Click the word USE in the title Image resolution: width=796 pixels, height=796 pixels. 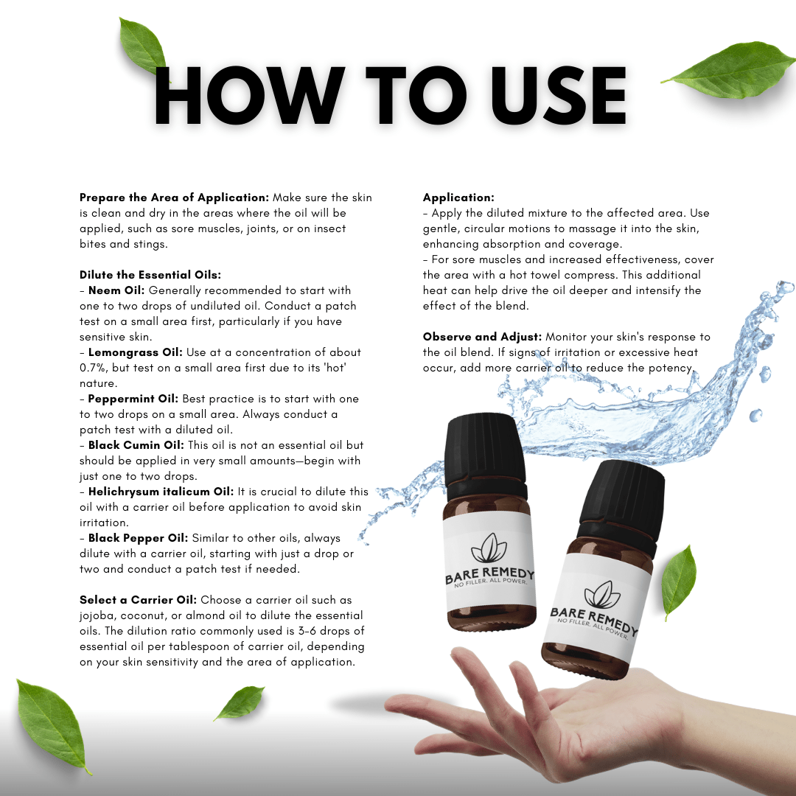click(x=559, y=95)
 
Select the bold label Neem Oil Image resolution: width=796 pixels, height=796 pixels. click(x=116, y=290)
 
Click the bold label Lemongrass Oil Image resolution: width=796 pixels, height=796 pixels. click(x=135, y=353)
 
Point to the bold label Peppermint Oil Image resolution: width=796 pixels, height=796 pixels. click(x=133, y=399)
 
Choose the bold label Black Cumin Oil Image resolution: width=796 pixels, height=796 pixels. click(x=136, y=445)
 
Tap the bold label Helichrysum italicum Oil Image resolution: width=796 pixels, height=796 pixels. click(x=161, y=492)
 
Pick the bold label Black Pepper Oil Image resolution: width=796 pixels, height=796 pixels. click(x=138, y=538)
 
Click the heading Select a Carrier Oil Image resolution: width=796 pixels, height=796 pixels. click(x=138, y=600)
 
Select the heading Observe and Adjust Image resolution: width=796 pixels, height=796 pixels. click(x=482, y=337)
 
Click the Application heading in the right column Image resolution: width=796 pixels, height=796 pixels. click(x=458, y=198)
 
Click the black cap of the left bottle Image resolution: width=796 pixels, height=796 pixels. click(x=485, y=454)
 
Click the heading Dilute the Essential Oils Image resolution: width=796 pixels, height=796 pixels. click(x=150, y=275)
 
